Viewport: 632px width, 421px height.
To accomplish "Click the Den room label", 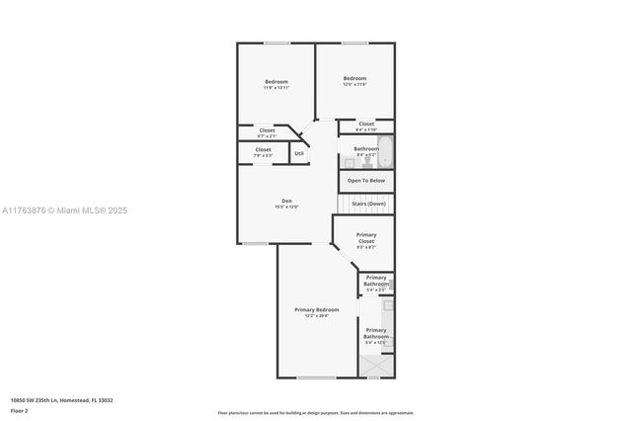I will click(284, 202).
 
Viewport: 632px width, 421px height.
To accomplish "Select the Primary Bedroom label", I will click(316, 309).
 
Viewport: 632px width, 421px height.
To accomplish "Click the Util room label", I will click(299, 153).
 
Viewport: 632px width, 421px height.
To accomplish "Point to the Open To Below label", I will click(366, 181).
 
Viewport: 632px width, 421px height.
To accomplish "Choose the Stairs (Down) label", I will click(368, 204).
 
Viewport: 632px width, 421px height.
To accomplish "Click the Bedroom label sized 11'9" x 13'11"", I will click(276, 81).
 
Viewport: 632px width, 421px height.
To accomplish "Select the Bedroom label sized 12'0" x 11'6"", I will click(355, 78).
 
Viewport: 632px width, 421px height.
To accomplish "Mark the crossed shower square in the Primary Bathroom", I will click(375, 367).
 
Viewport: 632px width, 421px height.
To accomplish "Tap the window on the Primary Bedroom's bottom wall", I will click(316, 378).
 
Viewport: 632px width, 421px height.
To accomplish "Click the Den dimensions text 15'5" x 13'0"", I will click(284, 207).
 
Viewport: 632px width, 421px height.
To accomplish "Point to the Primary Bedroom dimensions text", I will click(316, 315).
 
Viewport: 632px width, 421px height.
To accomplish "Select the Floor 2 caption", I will click(19, 410).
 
